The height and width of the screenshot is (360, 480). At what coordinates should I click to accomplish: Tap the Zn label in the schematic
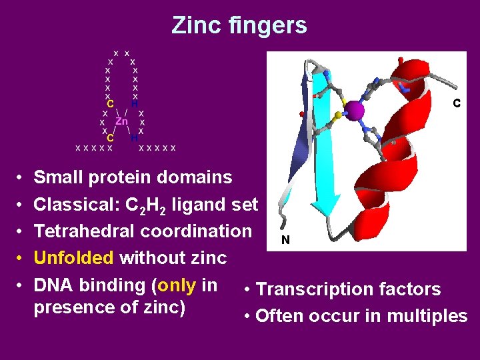pos(122,121)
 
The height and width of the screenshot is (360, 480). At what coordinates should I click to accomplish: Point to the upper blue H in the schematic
pos(134,104)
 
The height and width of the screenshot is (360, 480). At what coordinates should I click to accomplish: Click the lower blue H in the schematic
pos(134,138)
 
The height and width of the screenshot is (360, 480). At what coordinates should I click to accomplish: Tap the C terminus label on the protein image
pos(457,103)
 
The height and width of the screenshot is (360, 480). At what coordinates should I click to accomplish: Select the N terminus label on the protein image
pos(285,240)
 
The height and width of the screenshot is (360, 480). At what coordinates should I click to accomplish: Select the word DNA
pos(53,285)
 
